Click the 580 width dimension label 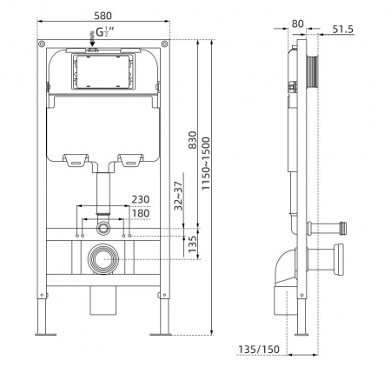pyautogui.click(x=103, y=16)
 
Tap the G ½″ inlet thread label pyautogui.click(x=105, y=31)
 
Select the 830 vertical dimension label pyautogui.click(x=192, y=140)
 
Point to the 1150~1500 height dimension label pyautogui.click(x=206, y=163)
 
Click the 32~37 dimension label pyautogui.click(x=178, y=196)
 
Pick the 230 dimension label pyautogui.click(x=141, y=199)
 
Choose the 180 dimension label pyautogui.click(x=141, y=213)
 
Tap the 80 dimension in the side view pyautogui.click(x=297, y=23)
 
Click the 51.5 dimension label pyautogui.click(x=343, y=30)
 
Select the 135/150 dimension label pyautogui.click(x=259, y=350)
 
